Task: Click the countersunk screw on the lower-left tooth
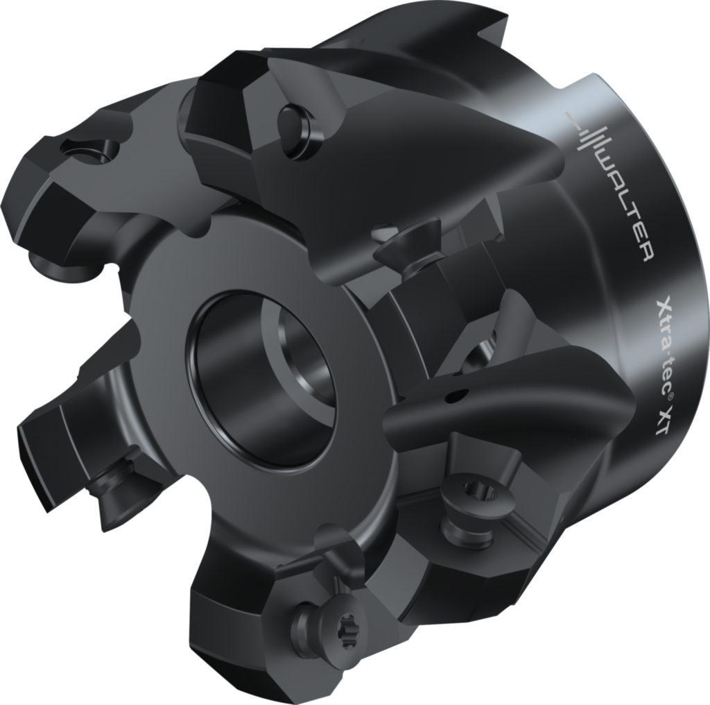[111, 479]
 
